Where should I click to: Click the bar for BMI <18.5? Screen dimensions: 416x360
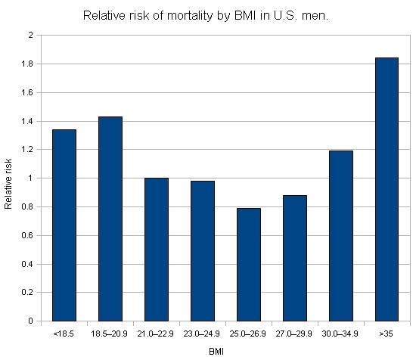(x=64, y=225)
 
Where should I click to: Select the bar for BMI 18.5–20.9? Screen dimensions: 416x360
(x=110, y=219)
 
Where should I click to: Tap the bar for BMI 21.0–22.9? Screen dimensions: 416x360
(x=157, y=250)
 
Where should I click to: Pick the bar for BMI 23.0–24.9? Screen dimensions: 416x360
(x=203, y=251)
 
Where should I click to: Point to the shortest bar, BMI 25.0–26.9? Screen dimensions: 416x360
(x=249, y=265)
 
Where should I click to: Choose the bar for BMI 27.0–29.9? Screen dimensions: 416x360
(x=295, y=258)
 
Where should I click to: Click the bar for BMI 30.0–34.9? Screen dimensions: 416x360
(x=341, y=236)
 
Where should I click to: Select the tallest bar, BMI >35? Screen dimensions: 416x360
(x=387, y=189)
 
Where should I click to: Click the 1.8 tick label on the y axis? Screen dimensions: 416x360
(x=27, y=64)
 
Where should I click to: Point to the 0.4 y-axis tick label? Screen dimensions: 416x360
(x=27, y=264)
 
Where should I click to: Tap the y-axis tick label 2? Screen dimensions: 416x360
(x=30, y=35)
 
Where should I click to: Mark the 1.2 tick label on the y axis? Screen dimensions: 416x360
(x=27, y=150)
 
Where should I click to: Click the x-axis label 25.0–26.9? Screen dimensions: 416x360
(x=247, y=334)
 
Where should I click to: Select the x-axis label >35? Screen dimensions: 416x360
(x=386, y=334)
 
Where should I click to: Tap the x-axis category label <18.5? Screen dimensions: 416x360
(x=64, y=334)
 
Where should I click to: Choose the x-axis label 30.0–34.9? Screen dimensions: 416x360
(x=340, y=334)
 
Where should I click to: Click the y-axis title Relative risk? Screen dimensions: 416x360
(x=8, y=184)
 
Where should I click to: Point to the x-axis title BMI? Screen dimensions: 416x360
(x=216, y=352)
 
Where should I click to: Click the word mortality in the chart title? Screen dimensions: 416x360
(x=190, y=16)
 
